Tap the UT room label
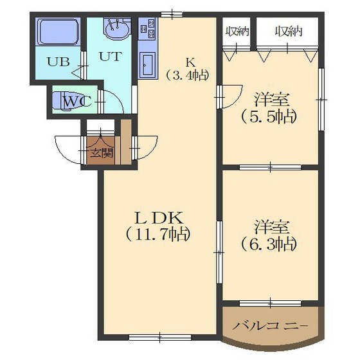pyautogui.click(x=108, y=55)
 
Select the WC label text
pyautogui.click(x=76, y=100)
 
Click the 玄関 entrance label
pyautogui.click(x=101, y=153)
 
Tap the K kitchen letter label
pyautogui.click(x=190, y=62)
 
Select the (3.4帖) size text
pyautogui.click(x=188, y=75)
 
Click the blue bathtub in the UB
pyautogui.click(x=57, y=32)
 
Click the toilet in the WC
pyautogui.click(x=68, y=101)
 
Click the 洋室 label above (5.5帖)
pyautogui.click(x=270, y=100)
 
